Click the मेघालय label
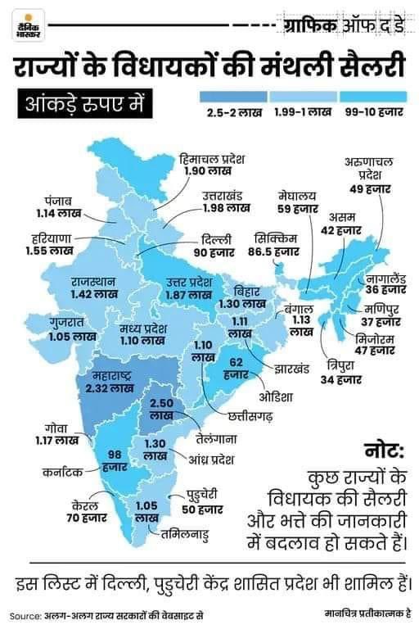[295, 197]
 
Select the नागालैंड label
[385, 278]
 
